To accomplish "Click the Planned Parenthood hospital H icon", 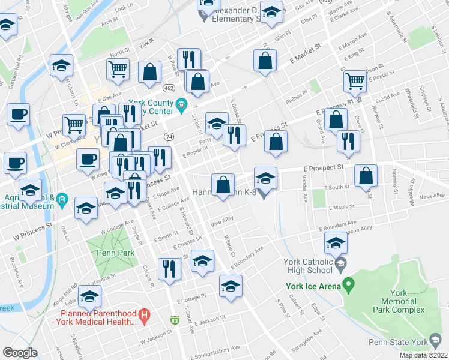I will point(144,314).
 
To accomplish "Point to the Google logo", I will point(20,352).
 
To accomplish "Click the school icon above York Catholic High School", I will point(336,244).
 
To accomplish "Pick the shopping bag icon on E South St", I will point(366,176).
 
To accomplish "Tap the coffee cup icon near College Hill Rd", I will point(18,113).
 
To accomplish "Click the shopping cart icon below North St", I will point(118,69).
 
